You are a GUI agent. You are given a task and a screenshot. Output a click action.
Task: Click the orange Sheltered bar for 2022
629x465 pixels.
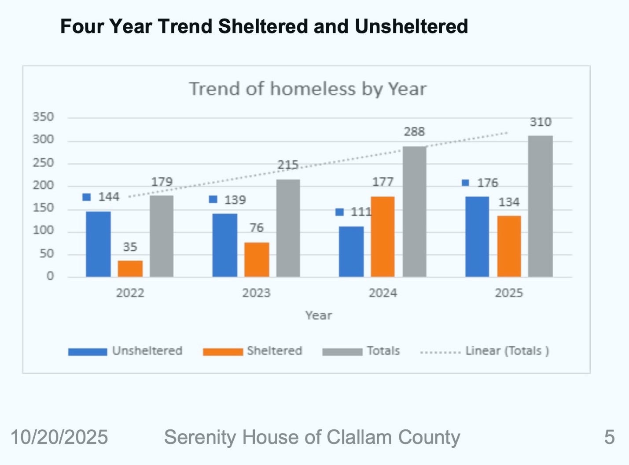click(x=130, y=268)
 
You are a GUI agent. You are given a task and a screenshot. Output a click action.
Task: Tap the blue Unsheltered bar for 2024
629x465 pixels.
click(x=351, y=251)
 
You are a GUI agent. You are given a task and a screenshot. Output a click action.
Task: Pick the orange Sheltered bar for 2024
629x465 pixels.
click(x=383, y=236)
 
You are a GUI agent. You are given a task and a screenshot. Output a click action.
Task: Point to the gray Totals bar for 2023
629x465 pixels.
click(x=288, y=228)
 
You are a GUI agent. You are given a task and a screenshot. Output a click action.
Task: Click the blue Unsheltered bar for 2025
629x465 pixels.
click(x=477, y=236)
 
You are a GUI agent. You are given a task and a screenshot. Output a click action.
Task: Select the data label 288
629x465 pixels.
click(x=414, y=132)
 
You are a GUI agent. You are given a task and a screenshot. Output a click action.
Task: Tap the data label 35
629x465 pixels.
click(x=130, y=247)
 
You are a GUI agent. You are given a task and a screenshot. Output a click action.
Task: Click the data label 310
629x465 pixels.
click(x=540, y=122)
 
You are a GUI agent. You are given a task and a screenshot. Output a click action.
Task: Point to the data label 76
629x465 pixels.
click(x=256, y=227)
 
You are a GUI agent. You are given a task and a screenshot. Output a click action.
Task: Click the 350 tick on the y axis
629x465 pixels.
click(x=43, y=117)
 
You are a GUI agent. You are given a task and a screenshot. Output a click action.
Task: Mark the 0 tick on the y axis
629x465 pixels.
click(x=50, y=276)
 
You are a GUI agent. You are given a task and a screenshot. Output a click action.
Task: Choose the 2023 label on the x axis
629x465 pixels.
click(x=256, y=293)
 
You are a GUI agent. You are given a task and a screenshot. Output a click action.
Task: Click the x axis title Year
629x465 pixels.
click(x=318, y=315)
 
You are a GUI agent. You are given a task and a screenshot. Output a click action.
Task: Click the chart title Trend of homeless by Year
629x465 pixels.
click(x=308, y=89)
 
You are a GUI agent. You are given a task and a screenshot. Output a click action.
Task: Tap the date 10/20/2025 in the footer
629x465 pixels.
click(x=59, y=437)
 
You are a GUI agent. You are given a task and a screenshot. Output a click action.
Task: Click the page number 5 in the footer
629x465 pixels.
click(x=609, y=437)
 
